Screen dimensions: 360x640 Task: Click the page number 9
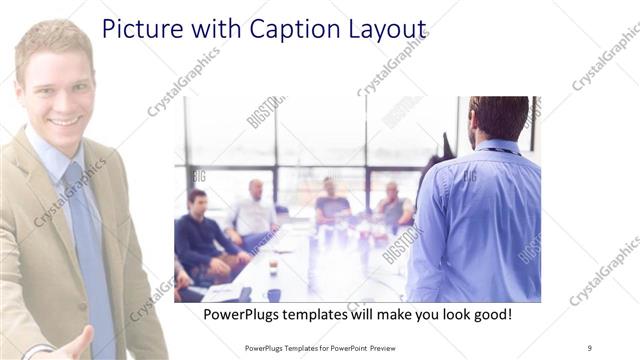pyautogui.click(x=589, y=347)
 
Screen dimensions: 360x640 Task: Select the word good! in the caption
pyautogui.click(x=489, y=314)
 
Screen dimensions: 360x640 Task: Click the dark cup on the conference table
pyautogui.click(x=273, y=294)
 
